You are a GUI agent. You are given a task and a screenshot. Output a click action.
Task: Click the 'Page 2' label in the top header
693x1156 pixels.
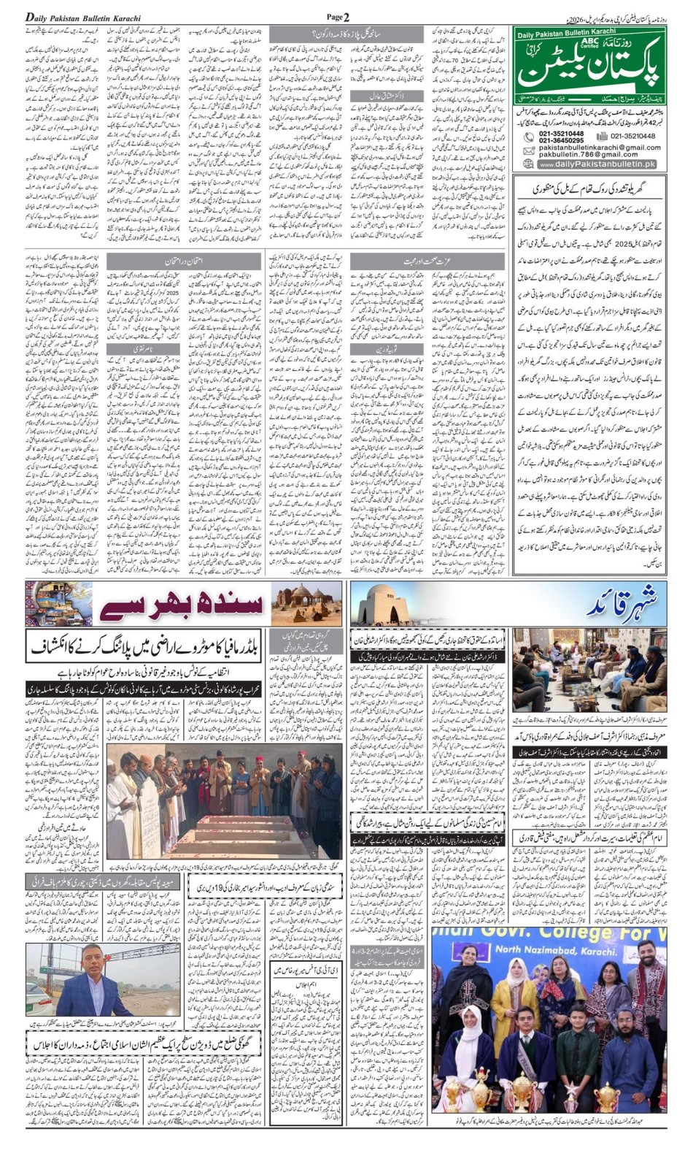click(338, 17)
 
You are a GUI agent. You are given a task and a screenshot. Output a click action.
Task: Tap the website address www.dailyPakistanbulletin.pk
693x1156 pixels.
click(596, 165)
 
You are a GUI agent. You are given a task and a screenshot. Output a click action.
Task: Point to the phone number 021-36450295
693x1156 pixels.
click(561, 140)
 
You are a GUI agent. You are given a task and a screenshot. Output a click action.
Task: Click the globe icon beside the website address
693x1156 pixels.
click(528, 165)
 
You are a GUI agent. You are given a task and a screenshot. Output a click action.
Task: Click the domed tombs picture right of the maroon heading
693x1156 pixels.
click(306, 603)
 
